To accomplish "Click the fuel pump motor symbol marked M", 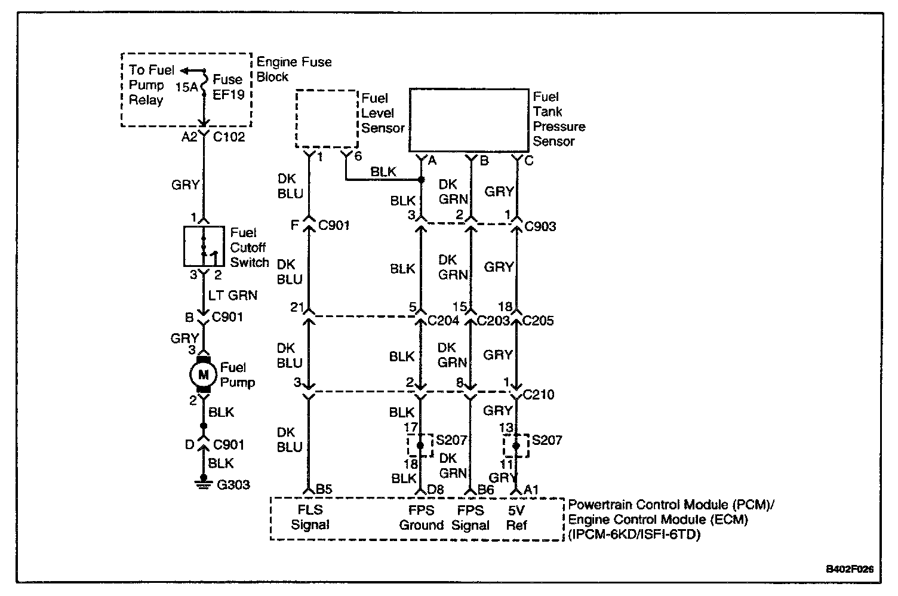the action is (204, 374).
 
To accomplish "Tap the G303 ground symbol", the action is (204, 483).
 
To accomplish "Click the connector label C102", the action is (229, 137).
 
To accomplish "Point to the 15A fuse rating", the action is (186, 87).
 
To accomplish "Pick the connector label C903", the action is (540, 226).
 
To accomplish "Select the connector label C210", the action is (539, 395).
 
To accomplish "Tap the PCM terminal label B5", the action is (324, 489).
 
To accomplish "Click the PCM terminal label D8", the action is (435, 489).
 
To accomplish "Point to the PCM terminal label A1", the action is (531, 490).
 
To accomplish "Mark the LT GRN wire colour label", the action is (232, 296).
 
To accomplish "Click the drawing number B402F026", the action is (850, 569).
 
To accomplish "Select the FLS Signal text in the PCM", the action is (310, 517).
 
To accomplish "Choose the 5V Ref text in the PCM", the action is (516, 518).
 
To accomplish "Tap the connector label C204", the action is (444, 321).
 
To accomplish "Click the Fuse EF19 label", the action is (228, 87).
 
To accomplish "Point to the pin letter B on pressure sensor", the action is (484, 161).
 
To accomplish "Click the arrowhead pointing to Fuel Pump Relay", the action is (184, 71).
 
